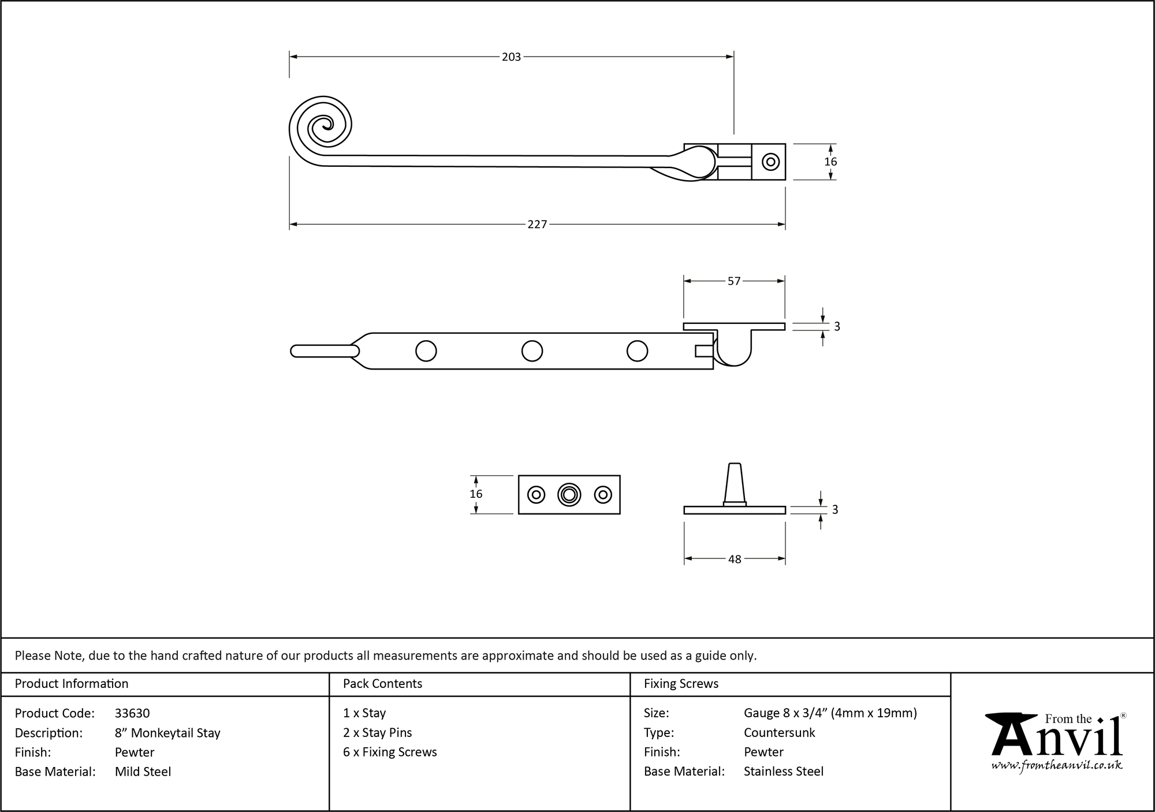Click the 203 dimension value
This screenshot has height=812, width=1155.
[511, 57]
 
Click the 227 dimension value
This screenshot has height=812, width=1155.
[536, 225]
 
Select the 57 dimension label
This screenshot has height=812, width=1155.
[733, 281]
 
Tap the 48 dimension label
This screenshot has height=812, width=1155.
[734, 559]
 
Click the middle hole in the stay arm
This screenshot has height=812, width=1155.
[532, 351]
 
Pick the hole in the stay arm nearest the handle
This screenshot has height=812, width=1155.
[426, 351]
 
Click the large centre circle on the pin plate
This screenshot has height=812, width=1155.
[569, 494]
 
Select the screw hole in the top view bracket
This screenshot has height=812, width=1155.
[770, 162]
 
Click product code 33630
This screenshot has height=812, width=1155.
[132, 713]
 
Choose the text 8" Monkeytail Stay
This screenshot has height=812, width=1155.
[167, 733]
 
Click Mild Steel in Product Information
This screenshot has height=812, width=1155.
[143, 772]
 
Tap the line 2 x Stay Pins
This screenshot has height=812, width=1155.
[377, 732]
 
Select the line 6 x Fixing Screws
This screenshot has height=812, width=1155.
[390, 752]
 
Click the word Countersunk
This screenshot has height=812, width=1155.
[779, 732]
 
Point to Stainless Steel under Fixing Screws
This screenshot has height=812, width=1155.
[783, 771]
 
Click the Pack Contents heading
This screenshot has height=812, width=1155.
[382, 684]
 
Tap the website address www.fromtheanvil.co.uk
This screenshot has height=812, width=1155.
[1057, 765]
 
